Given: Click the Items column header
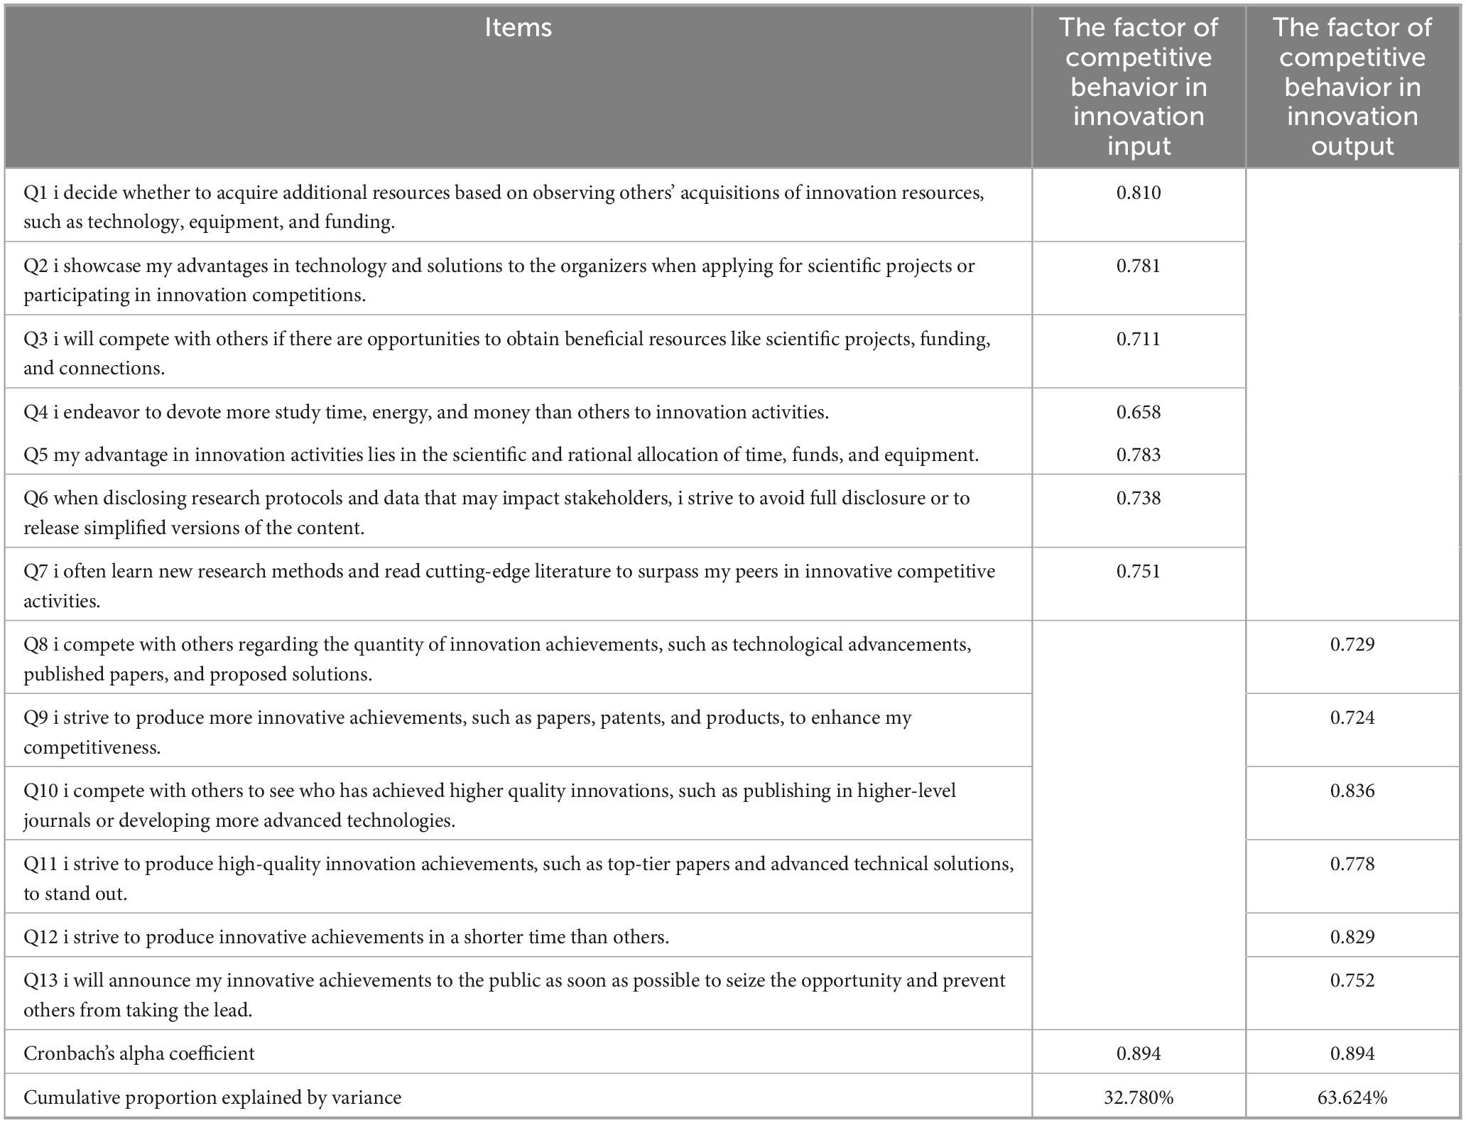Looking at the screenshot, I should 518,28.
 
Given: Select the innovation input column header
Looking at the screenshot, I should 1138,87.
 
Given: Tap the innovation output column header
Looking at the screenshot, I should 1352,87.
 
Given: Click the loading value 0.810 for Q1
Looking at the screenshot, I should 1138,193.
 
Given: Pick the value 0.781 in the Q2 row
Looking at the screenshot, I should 1138,266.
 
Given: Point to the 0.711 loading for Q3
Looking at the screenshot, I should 1138,340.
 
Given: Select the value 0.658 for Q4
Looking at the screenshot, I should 1138,413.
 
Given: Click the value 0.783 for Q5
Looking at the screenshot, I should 1138,455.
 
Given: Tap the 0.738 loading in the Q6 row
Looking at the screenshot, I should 1138,499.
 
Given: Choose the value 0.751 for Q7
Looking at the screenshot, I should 1138,572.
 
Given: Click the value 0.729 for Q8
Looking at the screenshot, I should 1352,645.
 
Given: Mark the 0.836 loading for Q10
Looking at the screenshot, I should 1352,791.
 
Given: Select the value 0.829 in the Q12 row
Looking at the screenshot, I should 1352,938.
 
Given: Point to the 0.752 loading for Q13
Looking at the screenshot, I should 1352,981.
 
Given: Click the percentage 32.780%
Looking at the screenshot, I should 1138,1098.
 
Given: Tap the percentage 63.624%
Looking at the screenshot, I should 1352,1098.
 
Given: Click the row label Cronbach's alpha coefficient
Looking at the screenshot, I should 139,1054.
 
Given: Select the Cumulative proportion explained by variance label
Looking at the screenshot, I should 212,1098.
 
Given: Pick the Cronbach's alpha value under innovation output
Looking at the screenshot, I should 1352,1054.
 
